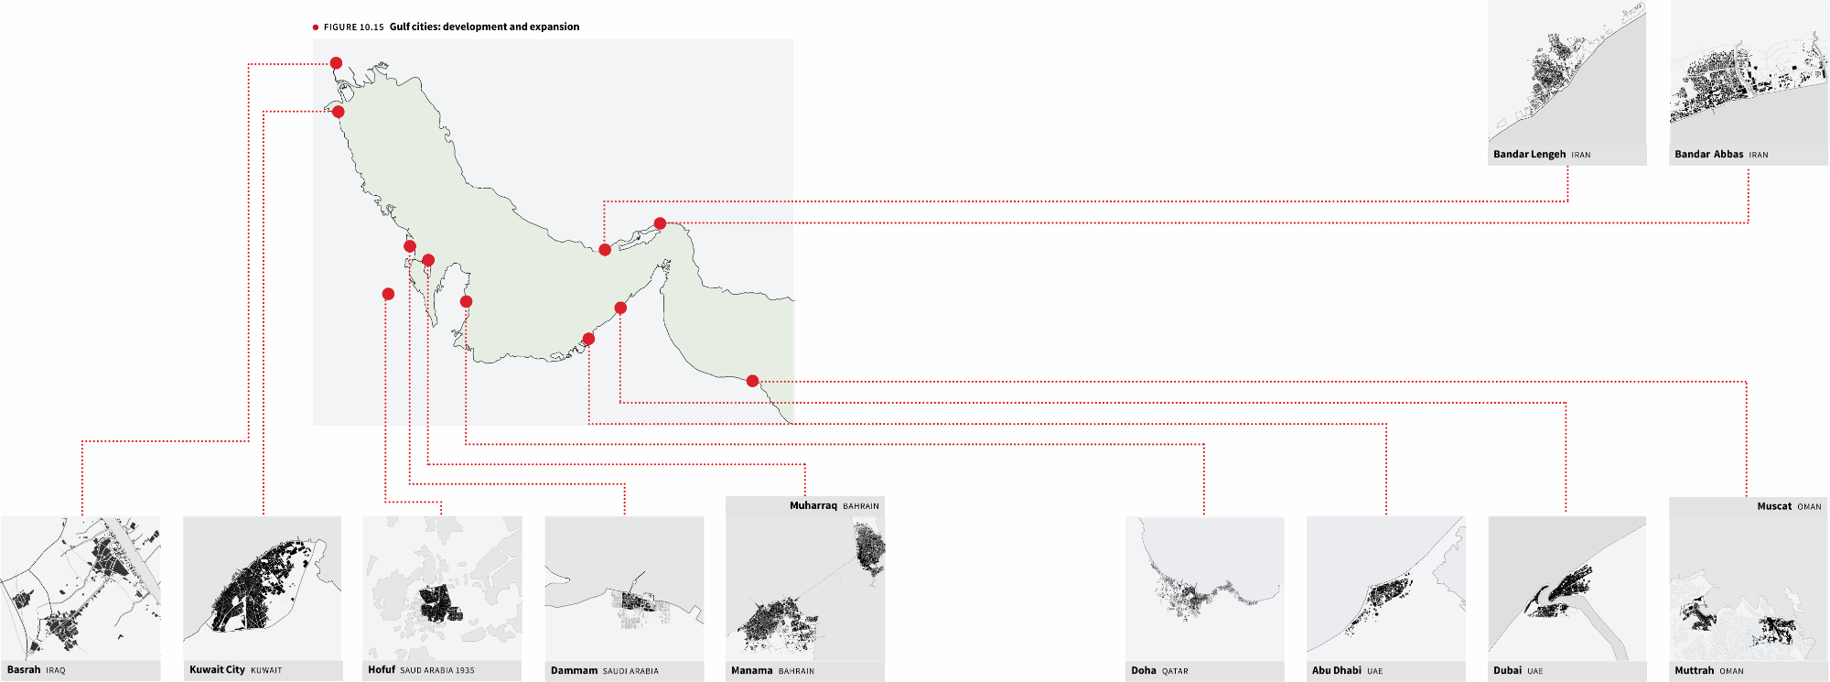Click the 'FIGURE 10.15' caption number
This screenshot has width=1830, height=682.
point(353,27)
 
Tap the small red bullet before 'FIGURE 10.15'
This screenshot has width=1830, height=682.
point(316,27)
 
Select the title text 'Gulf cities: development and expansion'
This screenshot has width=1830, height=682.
point(484,27)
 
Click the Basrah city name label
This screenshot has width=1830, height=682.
point(24,670)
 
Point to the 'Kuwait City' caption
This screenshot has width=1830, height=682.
point(217,670)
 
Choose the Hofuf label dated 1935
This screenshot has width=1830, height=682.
point(421,670)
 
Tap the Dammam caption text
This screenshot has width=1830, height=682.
point(574,671)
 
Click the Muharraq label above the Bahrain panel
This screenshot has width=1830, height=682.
point(813,505)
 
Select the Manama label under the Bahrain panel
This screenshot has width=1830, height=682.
point(751,671)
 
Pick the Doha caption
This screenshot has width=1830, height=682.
point(1144,671)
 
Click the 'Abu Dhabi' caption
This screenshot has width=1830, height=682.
point(1337,671)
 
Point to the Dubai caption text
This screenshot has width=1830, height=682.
point(1507,671)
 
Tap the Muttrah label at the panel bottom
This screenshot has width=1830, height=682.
point(1694,671)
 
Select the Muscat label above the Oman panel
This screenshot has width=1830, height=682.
point(1774,506)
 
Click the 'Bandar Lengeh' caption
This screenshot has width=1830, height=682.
point(1529,155)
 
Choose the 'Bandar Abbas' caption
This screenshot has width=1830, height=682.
point(1708,155)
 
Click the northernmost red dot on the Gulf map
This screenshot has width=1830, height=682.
point(336,63)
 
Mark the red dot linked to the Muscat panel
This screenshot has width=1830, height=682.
point(752,381)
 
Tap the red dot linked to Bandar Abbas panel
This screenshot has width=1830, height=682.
point(660,223)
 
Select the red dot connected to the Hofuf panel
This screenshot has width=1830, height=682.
point(388,294)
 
